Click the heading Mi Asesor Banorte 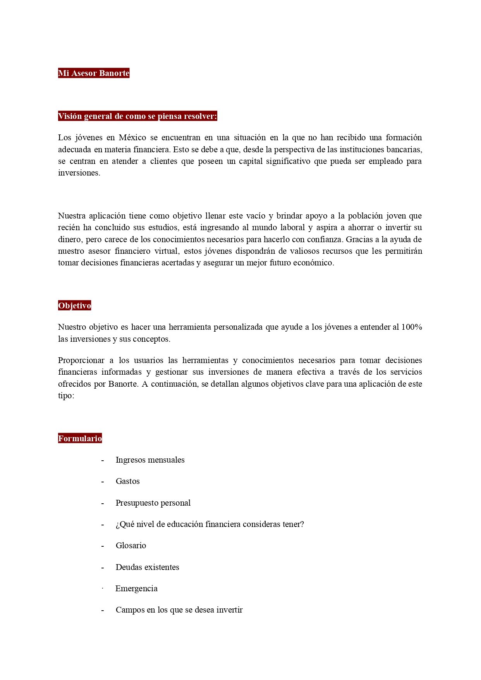(x=94, y=73)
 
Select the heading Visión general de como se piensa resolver (x=137, y=116)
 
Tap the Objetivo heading (x=75, y=306)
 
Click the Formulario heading (x=80, y=439)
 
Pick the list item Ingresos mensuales (x=150, y=460)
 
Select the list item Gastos (x=127, y=481)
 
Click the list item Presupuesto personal (x=153, y=503)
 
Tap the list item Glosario (x=131, y=546)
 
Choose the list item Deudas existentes (x=147, y=567)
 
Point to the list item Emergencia (x=136, y=589)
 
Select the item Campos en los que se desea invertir (x=179, y=610)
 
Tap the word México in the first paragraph (x=132, y=138)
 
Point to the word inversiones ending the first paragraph (x=79, y=173)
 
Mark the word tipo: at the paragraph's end (x=66, y=396)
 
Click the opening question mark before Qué (x=117, y=525)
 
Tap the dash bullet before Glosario (x=103, y=546)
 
